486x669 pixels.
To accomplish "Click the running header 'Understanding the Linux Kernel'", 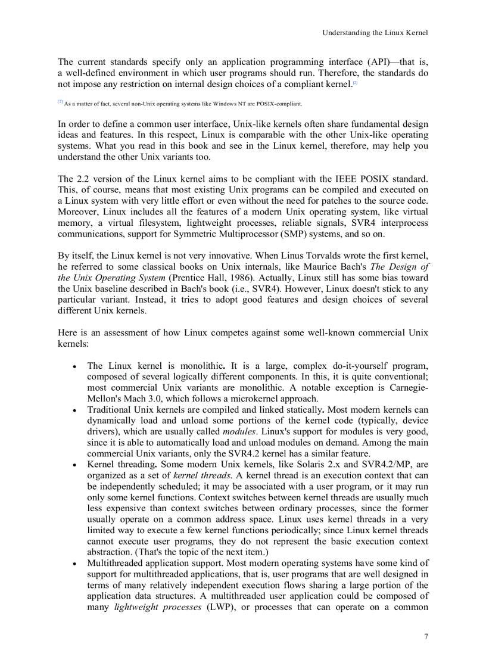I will pos(375,33).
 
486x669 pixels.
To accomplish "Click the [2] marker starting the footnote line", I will pos(60,102).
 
